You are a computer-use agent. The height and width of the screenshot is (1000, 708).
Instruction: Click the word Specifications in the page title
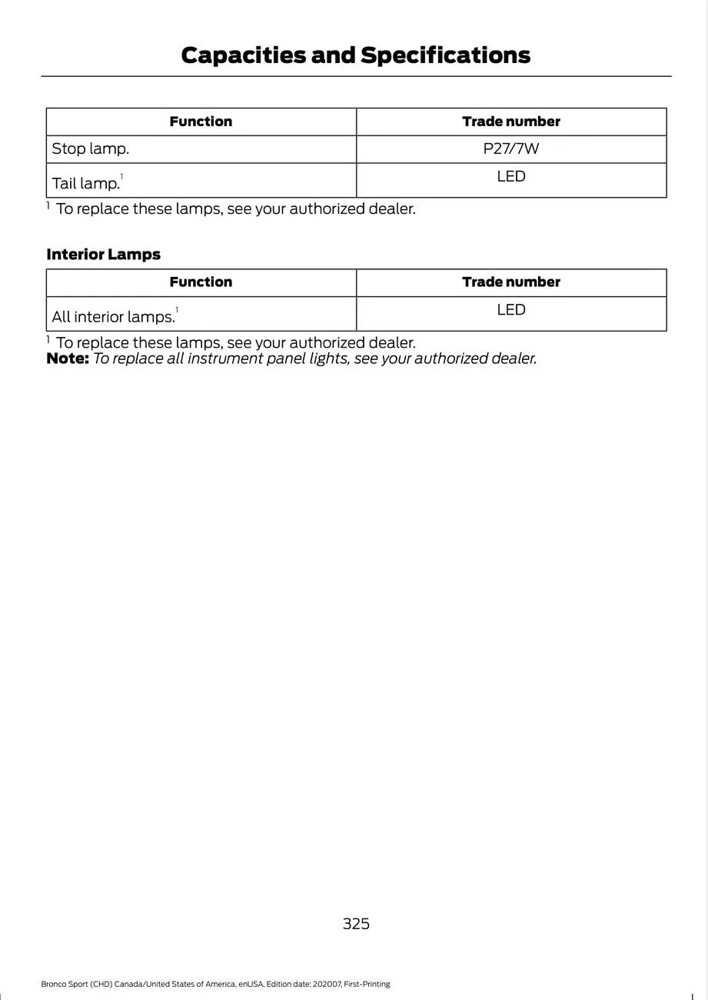(445, 55)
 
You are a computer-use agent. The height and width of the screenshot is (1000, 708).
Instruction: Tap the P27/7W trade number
(511, 149)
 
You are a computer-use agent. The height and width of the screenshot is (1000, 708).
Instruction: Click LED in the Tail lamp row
(511, 177)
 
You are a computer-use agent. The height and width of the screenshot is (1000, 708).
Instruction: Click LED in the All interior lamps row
(511, 310)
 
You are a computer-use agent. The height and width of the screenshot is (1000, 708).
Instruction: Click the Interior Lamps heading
(104, 255)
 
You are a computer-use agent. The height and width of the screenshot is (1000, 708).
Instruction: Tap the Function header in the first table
(201, 122)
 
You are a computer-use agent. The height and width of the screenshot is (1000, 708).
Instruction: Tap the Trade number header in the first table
(511, 122)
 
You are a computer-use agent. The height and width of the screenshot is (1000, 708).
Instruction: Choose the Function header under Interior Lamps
(201, 282)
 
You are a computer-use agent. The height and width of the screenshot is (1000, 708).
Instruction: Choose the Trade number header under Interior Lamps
(511, 282)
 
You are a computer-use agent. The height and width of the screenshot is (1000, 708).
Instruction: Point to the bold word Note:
(68, 358)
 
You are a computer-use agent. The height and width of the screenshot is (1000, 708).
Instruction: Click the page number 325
(356, 924)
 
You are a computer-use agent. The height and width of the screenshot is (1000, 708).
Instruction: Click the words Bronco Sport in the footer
(65, 984)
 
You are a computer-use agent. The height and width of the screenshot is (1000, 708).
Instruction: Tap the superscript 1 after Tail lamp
(121, 178)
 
